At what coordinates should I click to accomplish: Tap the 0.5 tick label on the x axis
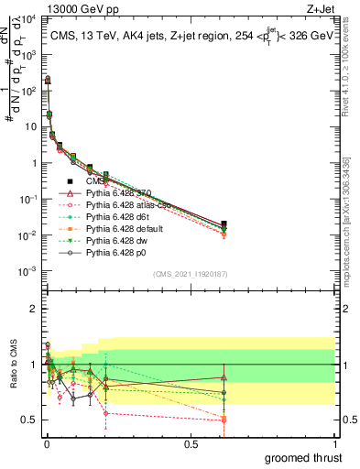[191, 443]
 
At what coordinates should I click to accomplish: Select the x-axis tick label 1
[335, 443]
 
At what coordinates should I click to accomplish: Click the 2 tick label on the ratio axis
[35, 309]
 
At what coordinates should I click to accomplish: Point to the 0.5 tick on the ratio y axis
[31, 420]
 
